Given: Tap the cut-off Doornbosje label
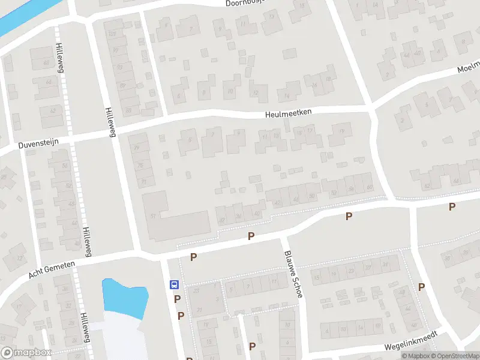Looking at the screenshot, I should (245, 3).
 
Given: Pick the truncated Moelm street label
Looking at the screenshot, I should (468, 67).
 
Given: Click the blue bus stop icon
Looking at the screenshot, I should (174, 285).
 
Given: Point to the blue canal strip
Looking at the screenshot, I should (24, 15).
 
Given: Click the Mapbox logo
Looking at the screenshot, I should (26, 353).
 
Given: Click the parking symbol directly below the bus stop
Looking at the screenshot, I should (178, 299).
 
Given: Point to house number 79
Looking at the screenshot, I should (141, 148).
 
